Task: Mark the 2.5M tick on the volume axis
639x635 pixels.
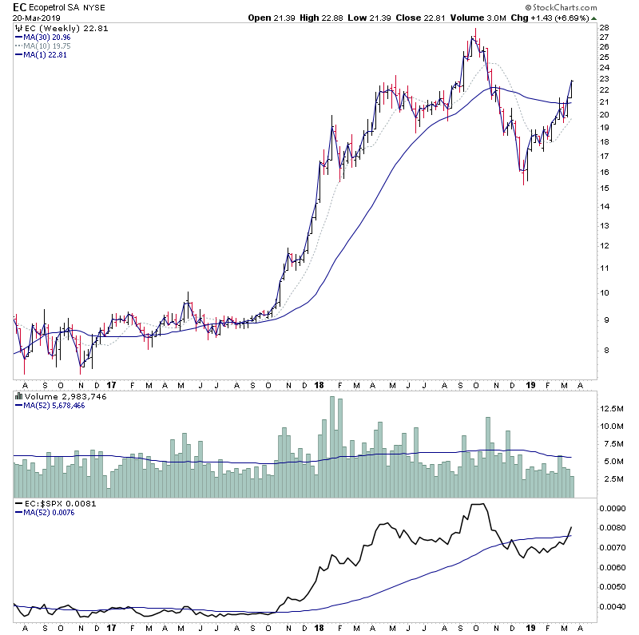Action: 613,479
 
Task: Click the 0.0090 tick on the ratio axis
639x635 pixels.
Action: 616,508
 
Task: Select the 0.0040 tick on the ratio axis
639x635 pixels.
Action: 616,606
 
